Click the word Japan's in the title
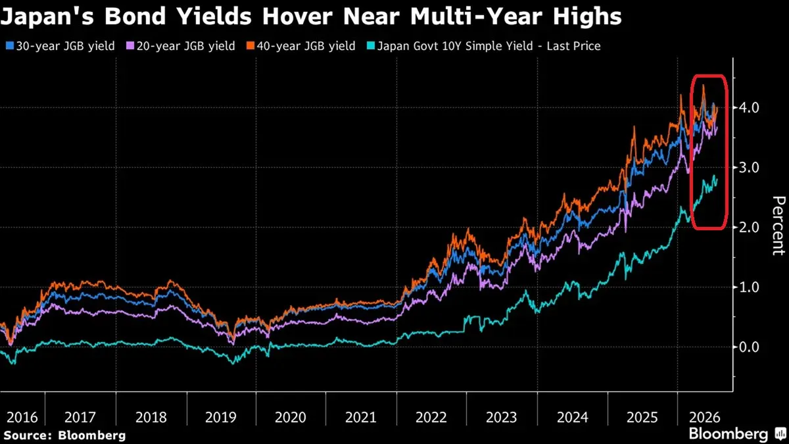[47, 16]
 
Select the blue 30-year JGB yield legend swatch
[10, 46]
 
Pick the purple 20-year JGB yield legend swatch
[130, 46]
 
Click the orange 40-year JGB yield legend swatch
[251, 46]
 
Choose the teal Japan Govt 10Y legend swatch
[371, 46]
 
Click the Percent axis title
[778, 226]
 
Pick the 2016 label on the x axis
[22, 418]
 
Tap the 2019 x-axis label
[220, 418]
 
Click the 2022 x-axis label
[431, 418]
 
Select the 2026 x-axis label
[704, 418]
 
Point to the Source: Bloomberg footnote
[64, 435]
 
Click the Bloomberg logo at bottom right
[738, 433]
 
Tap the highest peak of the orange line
[703, 86]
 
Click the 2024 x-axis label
[573, 418]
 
